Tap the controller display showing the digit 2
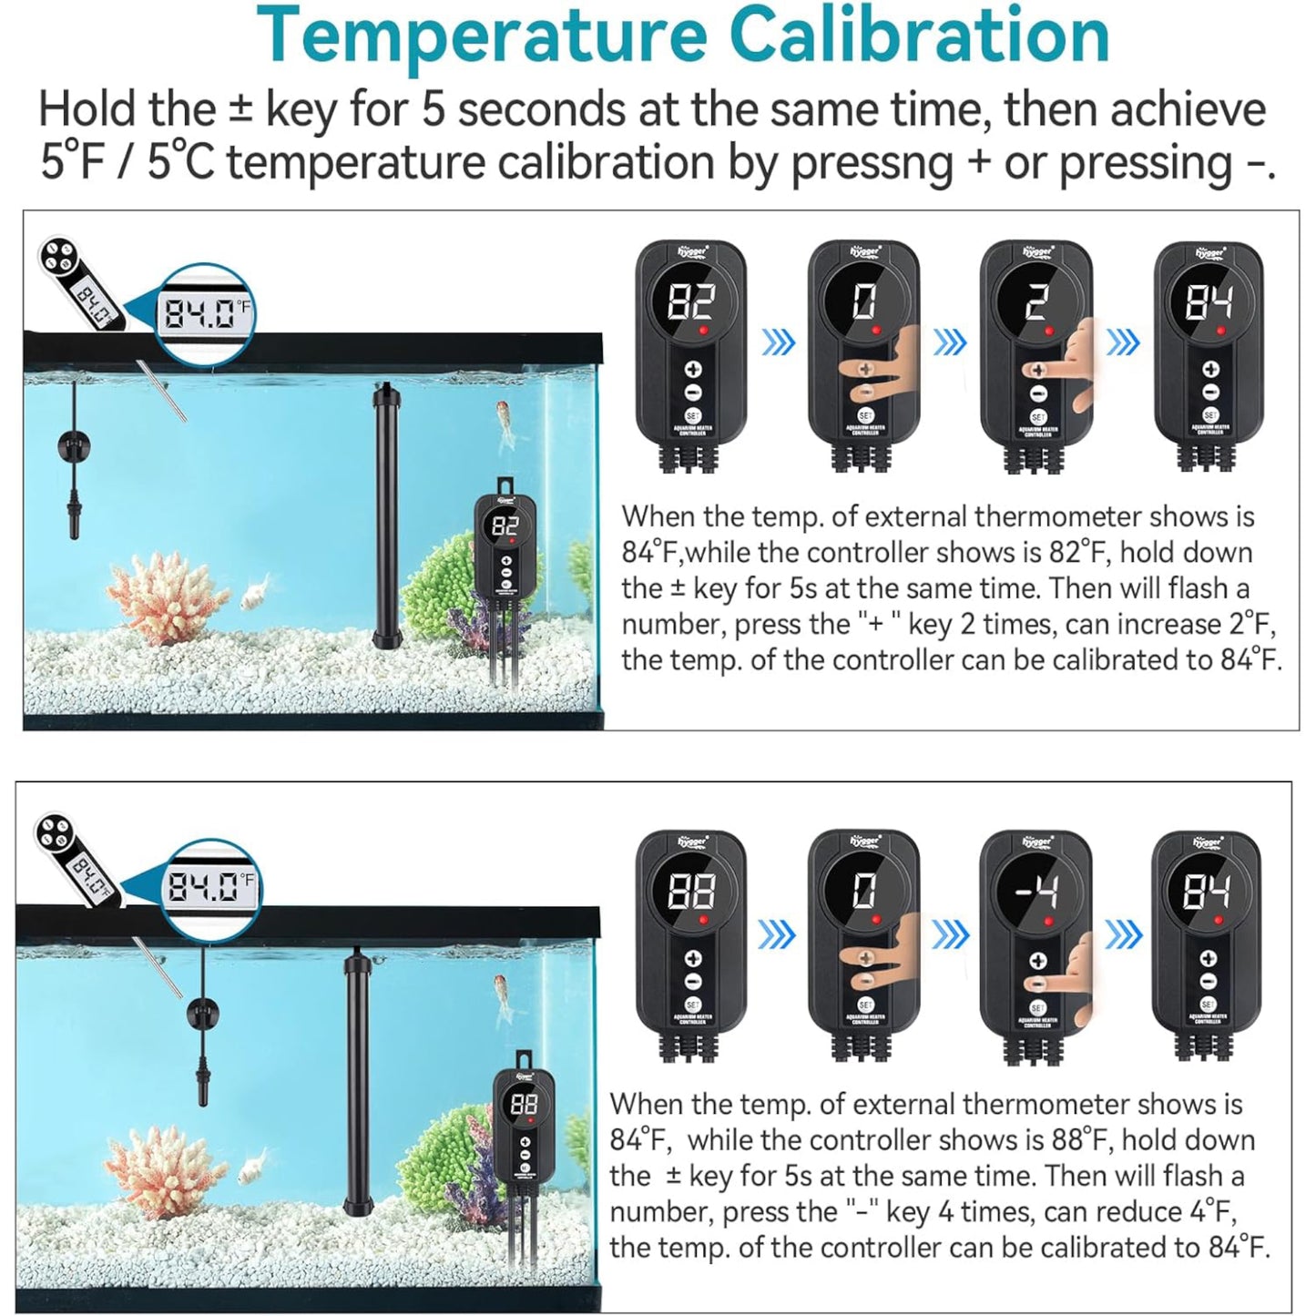1036,302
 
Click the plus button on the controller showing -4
1036,960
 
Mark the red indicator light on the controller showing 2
1048,331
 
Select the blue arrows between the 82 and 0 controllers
778,343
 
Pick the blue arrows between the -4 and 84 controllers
1123,933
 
